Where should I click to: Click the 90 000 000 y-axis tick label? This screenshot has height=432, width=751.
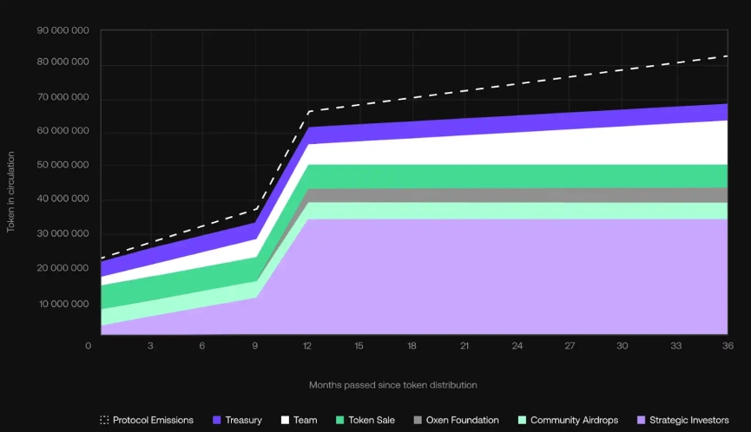(x=63, y=30)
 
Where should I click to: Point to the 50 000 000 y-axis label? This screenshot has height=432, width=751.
(x=63, y=165)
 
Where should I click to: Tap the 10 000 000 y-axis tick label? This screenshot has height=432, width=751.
(x=63, y=304)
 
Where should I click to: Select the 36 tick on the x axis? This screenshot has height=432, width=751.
(x=727, y=345)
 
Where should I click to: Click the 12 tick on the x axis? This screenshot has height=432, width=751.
(x=308, y=345)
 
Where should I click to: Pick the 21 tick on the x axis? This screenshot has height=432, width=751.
(x=464, y=345)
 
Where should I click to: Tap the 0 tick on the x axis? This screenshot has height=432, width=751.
(x=88, y=345)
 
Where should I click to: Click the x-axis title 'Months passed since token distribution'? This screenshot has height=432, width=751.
(x=393, y=384)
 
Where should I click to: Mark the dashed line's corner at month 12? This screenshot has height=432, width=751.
(x=308, y=112)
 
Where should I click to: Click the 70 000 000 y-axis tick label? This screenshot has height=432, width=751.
(x=63, y=98)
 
